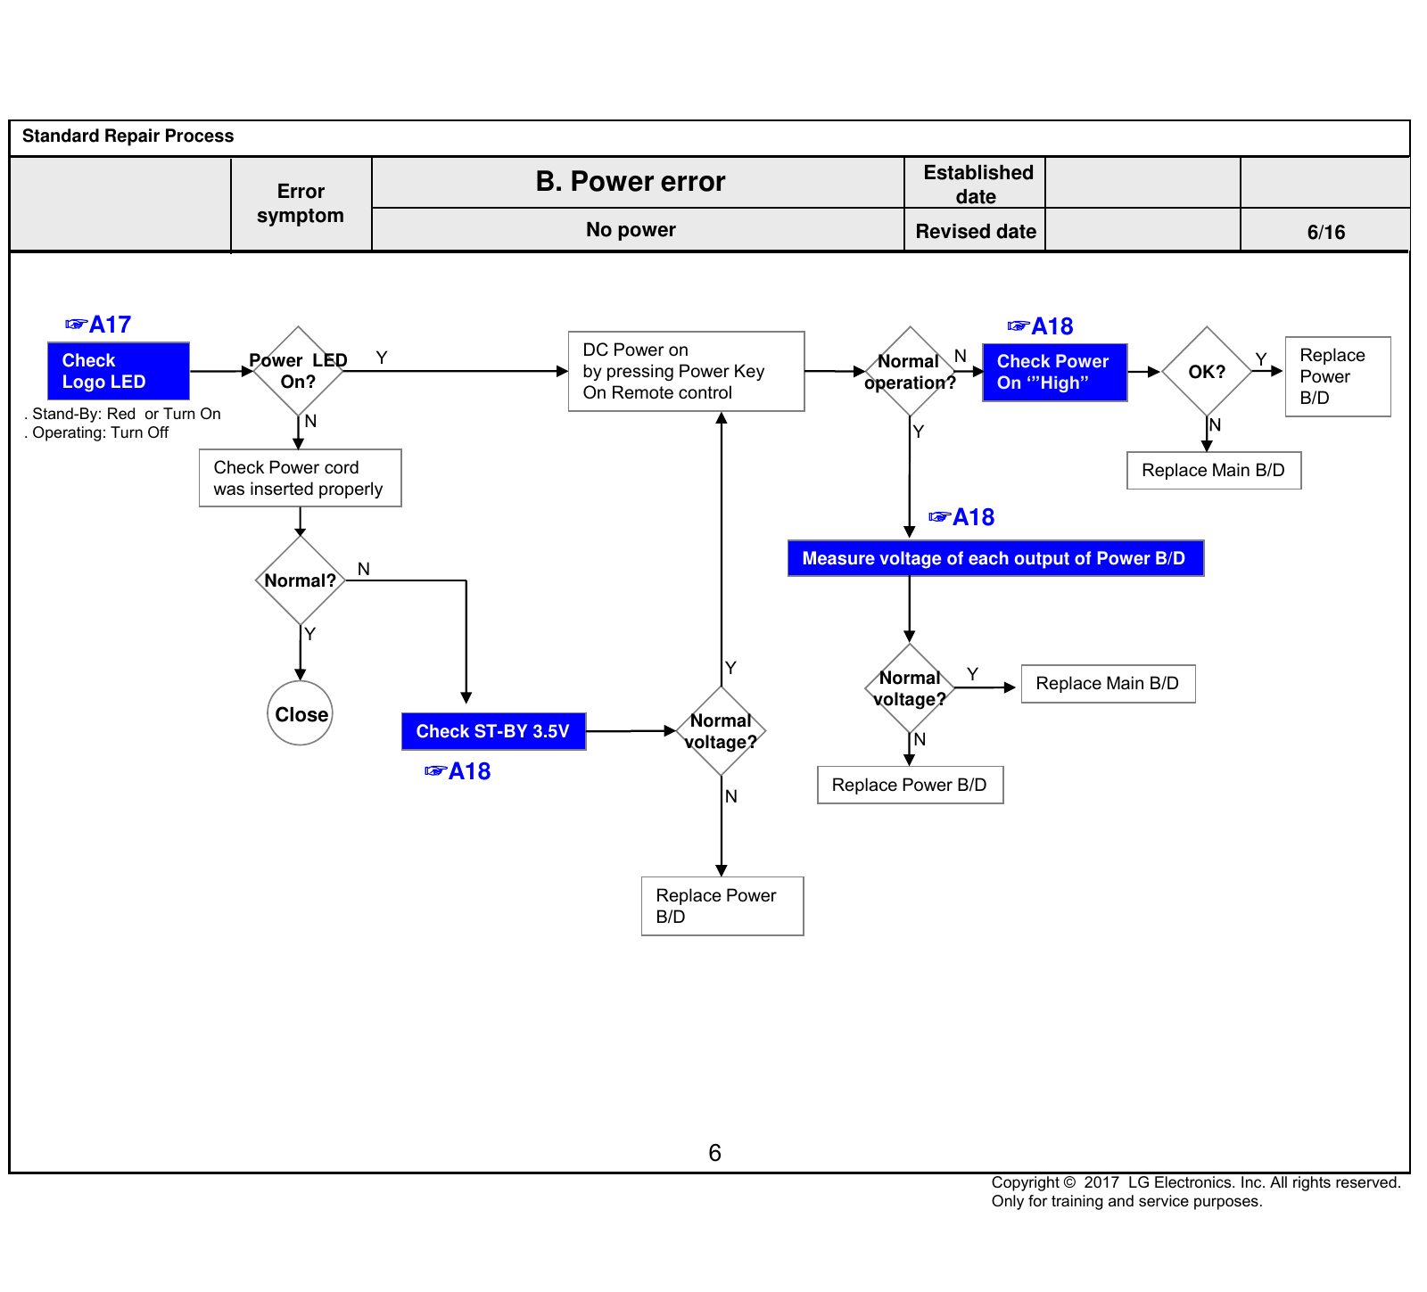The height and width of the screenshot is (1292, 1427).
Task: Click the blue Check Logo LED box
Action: coord(119,371)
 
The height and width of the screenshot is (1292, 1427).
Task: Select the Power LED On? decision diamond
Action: coord(298,371)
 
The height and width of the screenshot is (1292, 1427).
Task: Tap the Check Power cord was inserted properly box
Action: coord(301,478)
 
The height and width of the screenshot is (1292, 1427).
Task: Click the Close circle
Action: coord(301,713)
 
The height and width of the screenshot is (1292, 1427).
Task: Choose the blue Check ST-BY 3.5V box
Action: coord(494,731)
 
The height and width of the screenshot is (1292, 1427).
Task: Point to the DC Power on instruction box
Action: coord(687,371)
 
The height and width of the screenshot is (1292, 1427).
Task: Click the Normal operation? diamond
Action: coord(910,371)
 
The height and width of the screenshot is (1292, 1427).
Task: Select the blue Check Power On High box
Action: coord(1055,372)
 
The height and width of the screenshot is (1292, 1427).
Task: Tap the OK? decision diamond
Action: coord(1207,371)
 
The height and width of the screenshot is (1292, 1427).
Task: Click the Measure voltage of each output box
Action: coord(996,558)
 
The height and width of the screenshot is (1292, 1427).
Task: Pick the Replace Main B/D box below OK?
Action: coord(1214,471)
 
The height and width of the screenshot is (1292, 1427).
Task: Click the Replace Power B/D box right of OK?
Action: coord(1338,376)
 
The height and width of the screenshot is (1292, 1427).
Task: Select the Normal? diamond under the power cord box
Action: coord(301,580)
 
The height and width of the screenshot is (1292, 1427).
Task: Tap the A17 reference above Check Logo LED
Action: coord(99,325)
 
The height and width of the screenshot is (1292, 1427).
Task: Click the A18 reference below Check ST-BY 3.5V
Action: coord(458,771)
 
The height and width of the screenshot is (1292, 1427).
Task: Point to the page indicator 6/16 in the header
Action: coord(1326,232)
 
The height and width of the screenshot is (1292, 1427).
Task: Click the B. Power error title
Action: coord(631,182)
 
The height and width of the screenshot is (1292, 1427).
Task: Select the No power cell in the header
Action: coord(631,230)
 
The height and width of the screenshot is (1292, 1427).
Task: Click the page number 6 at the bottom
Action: coord(714,1153)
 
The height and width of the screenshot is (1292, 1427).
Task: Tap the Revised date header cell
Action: coord(976,232)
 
